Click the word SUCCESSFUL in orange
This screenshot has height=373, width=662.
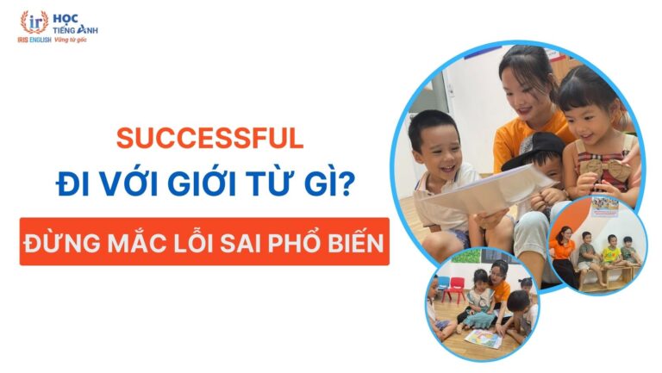coord(210,137)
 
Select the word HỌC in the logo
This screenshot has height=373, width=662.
coord(66,16)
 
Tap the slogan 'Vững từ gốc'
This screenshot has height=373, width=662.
coord(72,40)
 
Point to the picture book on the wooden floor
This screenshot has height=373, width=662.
coord(484,337)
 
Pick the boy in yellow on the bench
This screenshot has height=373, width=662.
coord(611,251)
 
